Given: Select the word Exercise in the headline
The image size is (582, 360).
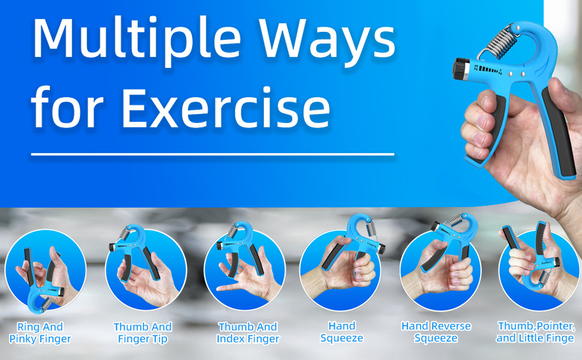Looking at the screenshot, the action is [226, 107].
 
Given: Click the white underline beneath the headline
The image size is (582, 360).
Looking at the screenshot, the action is [212, 154].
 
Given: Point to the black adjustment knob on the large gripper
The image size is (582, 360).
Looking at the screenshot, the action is [461, 68].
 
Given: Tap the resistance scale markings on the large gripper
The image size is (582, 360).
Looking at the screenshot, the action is [488, 70].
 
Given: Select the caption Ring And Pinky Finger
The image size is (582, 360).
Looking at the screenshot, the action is [40, 332].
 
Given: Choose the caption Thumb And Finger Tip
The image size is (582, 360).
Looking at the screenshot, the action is [143, 332].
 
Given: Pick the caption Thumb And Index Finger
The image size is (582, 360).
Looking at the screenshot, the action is [248, 332].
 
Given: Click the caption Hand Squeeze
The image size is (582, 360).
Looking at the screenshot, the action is [342, 332].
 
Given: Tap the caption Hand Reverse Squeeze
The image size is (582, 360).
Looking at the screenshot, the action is [436, 332].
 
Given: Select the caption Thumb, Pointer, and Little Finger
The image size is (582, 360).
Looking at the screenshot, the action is [536, 332].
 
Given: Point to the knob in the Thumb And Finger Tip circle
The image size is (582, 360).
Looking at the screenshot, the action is [112, 247].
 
